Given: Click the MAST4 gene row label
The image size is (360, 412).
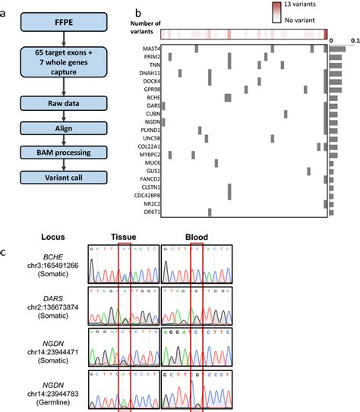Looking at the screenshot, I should point(149,49).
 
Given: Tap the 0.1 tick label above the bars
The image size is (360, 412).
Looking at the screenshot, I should point(355,40).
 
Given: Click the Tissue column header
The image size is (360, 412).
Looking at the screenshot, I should point(124,235).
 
